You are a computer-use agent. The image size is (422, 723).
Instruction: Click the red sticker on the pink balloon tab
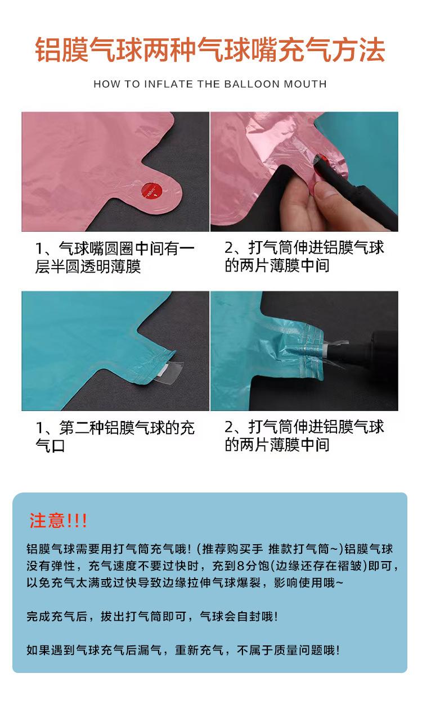(151, 190)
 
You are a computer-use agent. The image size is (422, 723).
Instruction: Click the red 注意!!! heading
(58, 521)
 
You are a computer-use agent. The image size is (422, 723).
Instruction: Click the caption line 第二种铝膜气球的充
(127, 428)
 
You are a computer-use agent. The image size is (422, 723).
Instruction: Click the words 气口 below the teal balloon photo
(50, 446)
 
